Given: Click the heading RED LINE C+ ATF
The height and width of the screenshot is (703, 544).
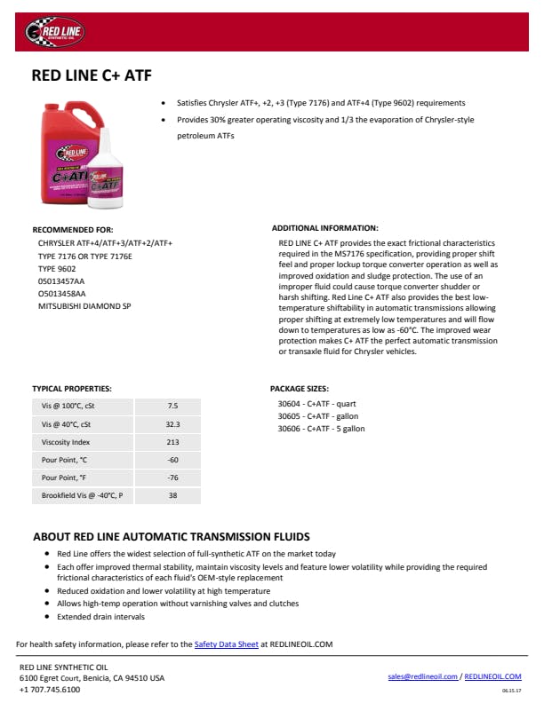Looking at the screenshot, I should [x=91, y=76].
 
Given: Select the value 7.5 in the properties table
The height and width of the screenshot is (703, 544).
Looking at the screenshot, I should [x=172, y=406].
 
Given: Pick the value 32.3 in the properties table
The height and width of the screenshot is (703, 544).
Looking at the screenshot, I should [x=172, y=424].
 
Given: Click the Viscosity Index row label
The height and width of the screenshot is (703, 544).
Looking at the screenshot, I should [x=67, y=442].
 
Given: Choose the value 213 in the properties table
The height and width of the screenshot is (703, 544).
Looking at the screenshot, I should [x=172, y=442].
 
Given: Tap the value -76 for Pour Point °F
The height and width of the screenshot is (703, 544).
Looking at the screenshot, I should [x=172, y=478].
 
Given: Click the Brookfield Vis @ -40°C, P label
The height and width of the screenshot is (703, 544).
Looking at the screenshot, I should [x=82, y=495].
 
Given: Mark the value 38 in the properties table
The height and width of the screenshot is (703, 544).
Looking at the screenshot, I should [x=172, y=495].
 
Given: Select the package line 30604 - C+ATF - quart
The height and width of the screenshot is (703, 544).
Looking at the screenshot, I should [x=316, y=404].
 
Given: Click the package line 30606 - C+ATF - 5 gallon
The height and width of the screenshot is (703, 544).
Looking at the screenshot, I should [x=321, y=429].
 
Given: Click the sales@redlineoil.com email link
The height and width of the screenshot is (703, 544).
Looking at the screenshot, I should [x=423, y=676].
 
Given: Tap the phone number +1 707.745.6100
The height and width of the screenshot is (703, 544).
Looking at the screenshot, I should [x=50, y=690].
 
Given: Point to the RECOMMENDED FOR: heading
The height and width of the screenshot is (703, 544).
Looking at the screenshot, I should [x=73, y=229].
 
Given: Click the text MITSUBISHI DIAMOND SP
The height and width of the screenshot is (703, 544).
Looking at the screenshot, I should [x=84, y=305].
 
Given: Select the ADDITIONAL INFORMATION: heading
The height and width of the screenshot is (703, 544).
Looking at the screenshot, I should [x=324, y=228].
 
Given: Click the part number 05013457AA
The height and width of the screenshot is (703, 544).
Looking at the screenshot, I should [x=61, y=280].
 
